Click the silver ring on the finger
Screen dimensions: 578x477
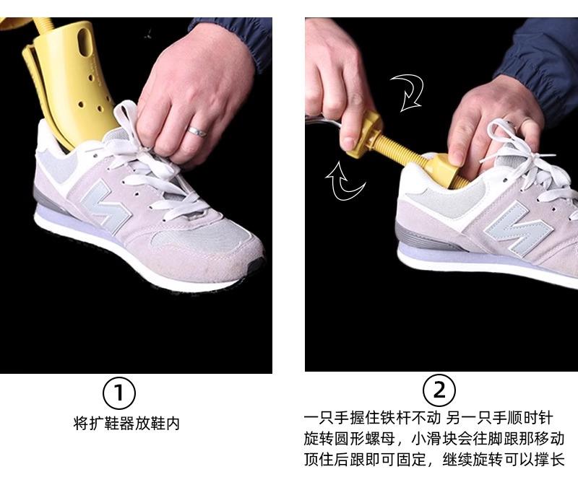(x=197, y=131)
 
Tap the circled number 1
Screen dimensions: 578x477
(x=118, y=393)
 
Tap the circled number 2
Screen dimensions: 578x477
(x=439, y=390)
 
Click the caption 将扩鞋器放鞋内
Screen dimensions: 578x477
(x=126, y=424)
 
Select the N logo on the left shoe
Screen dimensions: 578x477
(x=105, y=207)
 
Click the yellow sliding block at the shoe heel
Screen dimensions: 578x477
(x=442, y=169)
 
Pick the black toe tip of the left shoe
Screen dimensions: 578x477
(x=256, y=265)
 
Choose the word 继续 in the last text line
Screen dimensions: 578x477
(x=457, y=460)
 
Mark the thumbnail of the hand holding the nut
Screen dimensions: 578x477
(x=349, y=142)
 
